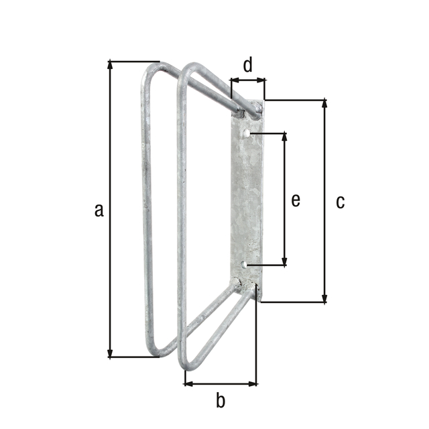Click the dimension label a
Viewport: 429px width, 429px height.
click(99, 210)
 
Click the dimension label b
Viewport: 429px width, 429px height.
click(221, 402)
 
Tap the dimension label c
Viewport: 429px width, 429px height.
click(340, 201)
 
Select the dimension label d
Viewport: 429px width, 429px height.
click(247, 65)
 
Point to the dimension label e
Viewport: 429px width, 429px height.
click(296, 200)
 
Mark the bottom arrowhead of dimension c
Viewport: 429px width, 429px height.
click(325, 299)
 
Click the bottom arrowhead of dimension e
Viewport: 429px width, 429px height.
click(286, 262)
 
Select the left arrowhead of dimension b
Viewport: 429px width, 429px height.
click(188, 384)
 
